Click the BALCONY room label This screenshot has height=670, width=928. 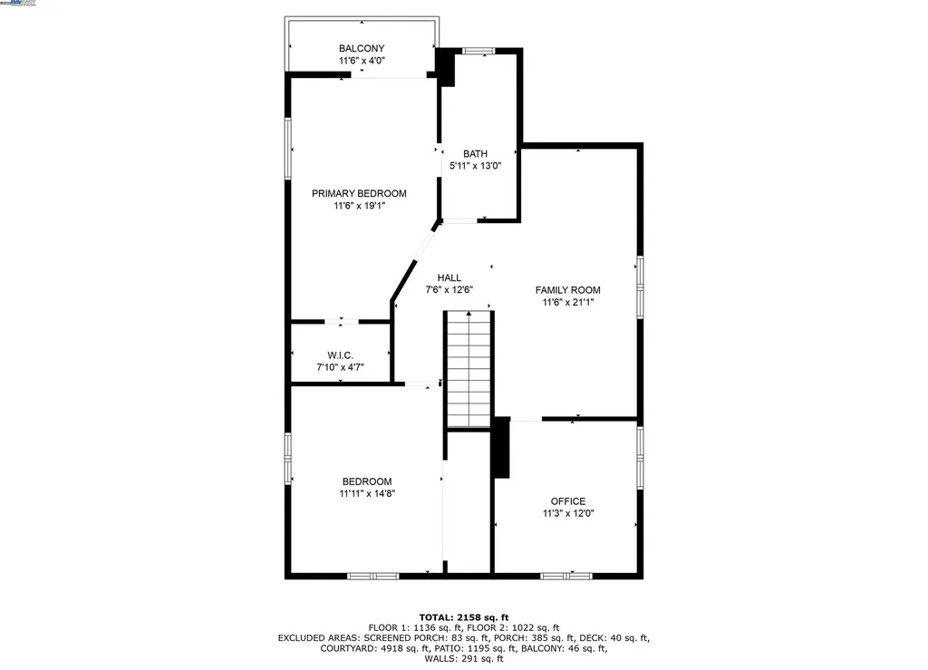click(x=362, y=48)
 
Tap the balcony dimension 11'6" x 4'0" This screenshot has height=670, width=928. click(x=362, y=62)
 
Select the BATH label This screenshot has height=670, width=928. click(x=475, y=153)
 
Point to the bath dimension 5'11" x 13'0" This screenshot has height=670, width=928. click(x=475, y=166)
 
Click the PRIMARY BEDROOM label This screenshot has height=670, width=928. click(x=359, y=193)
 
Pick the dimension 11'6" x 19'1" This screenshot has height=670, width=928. click(x=359, y=206)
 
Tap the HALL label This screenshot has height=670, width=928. click(x=449, y=277)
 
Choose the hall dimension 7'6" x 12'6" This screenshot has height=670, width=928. click(x=449, y=290)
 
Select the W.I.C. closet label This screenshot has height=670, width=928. click(x=341, y=354)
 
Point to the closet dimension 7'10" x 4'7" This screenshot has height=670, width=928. click(x=341, y=367)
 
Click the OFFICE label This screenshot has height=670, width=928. click(x=568, y=500)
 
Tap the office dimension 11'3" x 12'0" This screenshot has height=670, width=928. click(x=568, y=513)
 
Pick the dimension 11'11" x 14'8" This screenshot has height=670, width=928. click(x=366, y=494)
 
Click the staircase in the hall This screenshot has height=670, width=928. click(x=469, y=369)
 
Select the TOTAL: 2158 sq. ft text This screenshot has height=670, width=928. click(x=463, y=617)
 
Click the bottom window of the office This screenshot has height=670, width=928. click(x=566, y=575)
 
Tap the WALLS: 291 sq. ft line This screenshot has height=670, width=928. click(x=463, y=659)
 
